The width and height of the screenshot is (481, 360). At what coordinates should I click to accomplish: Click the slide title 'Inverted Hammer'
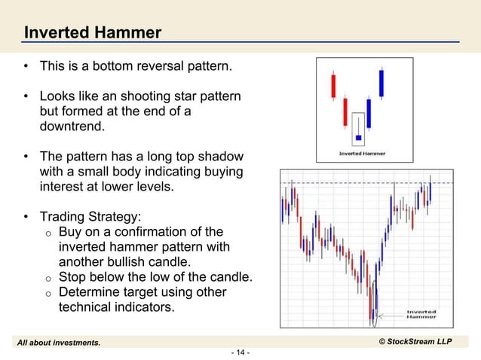point(92,32)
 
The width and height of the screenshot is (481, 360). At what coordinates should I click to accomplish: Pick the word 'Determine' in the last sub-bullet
point(91,292)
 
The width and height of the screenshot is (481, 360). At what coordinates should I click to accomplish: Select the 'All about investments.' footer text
point(60,343)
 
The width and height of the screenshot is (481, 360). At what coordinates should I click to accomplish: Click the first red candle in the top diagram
point(332,86)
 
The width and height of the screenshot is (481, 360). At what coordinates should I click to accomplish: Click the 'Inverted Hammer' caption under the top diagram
point(361,154)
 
